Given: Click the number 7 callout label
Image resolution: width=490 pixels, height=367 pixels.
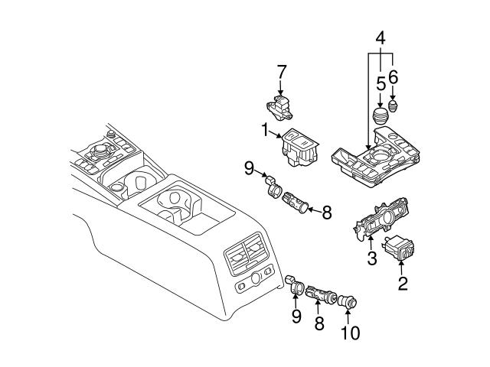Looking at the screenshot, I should coord(281,72).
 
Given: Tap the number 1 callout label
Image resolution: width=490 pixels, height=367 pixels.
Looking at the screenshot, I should coord(264,131).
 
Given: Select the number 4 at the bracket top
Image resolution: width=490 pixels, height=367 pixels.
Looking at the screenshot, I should coord(381,37).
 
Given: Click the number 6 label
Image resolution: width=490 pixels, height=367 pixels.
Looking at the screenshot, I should coord(394,76).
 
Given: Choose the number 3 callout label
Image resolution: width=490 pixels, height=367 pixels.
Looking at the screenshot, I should coord(371,258).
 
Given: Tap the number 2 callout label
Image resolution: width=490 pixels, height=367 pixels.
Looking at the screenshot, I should coord(403,285).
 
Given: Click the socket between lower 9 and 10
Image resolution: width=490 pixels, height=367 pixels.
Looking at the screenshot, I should coord(318,294).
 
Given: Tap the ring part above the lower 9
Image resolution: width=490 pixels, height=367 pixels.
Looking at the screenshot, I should coord(294,288).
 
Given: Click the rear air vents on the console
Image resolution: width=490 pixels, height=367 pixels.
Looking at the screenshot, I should coord(246,253).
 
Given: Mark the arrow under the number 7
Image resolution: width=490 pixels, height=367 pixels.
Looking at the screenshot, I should coord(281,88).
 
